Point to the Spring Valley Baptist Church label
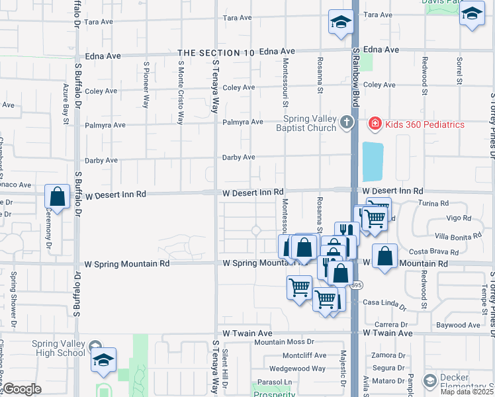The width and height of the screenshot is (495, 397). [x=306, y=124]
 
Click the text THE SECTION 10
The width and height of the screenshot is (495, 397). [x=216, y=52]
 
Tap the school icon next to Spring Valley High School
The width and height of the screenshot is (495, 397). [x=103, y=359]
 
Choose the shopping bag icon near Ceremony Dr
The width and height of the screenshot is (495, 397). [x=58, y=197]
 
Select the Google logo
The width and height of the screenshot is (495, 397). [x=21, y=389]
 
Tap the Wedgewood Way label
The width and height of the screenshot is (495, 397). [x=297, y=368]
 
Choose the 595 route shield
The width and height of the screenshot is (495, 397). [x=356, y=285]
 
